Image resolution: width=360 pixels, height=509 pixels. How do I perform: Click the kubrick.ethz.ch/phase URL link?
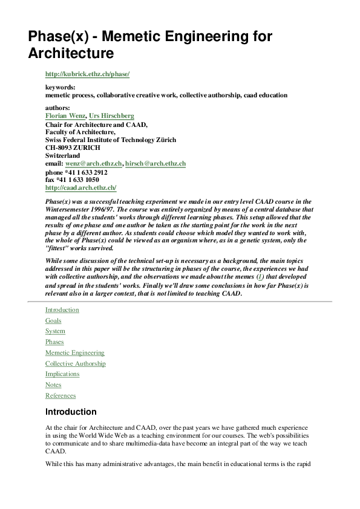coord(87,74)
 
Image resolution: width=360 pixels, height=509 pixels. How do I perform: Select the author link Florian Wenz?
coord(65,115)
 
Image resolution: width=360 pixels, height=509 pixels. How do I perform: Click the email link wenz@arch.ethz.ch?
coord(93,163)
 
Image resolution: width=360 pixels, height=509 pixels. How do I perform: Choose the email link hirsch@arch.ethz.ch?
coord(155,163)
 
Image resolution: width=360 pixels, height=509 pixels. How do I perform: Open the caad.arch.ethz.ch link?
coord(80,187)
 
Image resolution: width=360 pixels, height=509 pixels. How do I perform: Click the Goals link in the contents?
coord(53,320)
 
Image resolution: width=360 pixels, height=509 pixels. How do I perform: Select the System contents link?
coord(55,331)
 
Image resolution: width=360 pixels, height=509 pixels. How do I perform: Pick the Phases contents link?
coord(54,342)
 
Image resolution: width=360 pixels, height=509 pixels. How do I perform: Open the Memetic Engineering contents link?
coord(74,352)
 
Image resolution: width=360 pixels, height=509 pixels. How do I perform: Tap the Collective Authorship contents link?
coord(75,363)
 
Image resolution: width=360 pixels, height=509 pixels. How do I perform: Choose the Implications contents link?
coord(62,374)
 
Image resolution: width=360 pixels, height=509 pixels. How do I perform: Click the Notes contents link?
coord(53,385)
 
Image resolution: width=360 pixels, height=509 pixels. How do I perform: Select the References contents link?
coord(61,395)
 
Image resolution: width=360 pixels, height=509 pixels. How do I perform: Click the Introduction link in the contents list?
coord(62,310)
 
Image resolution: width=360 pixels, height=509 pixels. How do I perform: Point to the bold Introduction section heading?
coord(71,412)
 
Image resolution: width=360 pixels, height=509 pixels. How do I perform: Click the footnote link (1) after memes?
coord(261,276)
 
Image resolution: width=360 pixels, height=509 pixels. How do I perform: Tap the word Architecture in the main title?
coord(71,53)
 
